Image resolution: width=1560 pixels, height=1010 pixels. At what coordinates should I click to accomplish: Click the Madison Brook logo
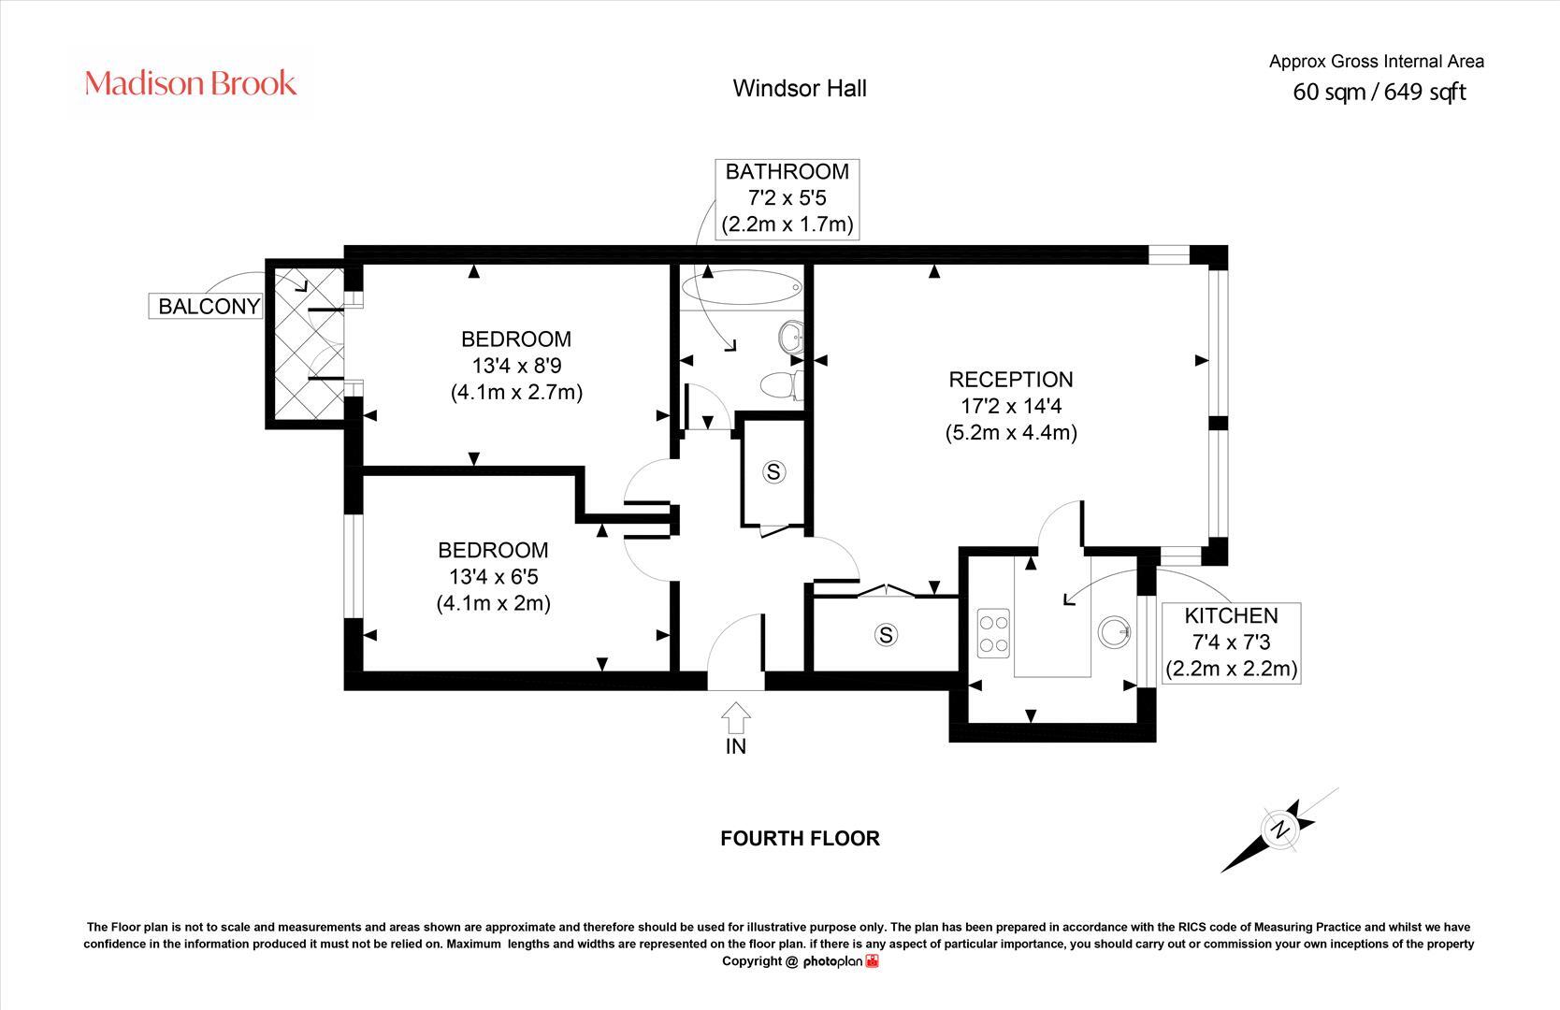pos(191,83)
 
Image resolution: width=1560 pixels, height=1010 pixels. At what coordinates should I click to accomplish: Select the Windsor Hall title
pos(800,88)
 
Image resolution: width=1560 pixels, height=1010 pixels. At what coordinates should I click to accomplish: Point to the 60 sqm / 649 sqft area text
pos(1379,92)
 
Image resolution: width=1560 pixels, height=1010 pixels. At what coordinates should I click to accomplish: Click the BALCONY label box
pos(209,306)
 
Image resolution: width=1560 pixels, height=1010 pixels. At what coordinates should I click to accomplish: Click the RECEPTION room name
pos(1011,380)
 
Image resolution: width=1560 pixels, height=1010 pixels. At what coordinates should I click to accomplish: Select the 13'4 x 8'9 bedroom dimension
pos(516,366)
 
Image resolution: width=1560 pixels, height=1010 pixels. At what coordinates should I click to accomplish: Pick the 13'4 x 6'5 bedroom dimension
pos(493,577)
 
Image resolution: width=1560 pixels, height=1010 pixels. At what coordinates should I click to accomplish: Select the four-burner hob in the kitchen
pos(993,630)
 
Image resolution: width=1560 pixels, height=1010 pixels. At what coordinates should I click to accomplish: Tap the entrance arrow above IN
pos(736,718)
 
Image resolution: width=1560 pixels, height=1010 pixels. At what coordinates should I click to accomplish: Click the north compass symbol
pos(1278,829)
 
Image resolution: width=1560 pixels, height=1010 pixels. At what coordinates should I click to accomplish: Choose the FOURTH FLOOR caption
pos(800,838)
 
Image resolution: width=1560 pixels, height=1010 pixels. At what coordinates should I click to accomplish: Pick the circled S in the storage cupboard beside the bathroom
pos(773,472)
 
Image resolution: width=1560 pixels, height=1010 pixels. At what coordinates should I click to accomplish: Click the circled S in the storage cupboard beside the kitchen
pos(885,635)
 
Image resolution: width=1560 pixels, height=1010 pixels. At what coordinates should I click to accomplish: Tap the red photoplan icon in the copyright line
pos(872,961)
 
